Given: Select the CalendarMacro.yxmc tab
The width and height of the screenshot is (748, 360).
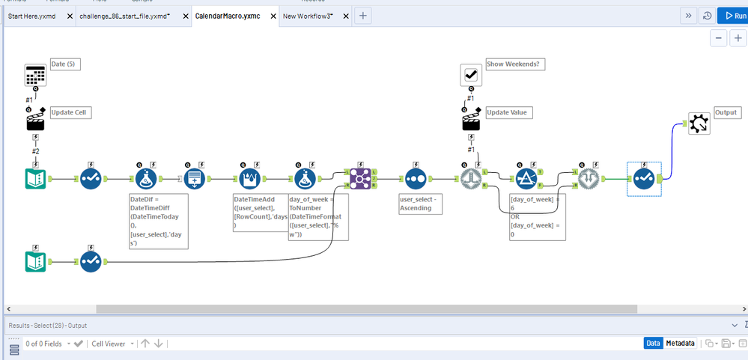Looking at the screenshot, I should [228, 16].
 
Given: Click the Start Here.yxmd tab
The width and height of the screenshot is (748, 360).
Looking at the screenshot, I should [31, 16].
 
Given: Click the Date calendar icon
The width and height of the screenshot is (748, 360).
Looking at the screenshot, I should [35, 76].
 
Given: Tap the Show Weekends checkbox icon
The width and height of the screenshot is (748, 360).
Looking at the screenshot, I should [471, 75].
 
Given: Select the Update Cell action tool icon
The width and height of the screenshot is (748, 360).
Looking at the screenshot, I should [35, 119].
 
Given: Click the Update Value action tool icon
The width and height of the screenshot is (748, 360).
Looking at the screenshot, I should [471, 119].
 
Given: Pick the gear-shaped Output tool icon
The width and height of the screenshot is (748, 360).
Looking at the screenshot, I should [699, 124].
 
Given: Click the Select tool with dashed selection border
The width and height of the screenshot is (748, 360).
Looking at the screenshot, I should [644, 179].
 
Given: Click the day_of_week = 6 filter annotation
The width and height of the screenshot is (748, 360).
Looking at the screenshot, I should [537, 216].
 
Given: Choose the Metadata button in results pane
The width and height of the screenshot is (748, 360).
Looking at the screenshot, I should [680, 343].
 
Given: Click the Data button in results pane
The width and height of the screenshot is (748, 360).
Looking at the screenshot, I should [653, 343].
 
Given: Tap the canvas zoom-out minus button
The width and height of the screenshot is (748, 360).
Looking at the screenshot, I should [718, 38].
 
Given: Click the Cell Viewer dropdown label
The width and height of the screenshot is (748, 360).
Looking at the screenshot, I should [110, 344].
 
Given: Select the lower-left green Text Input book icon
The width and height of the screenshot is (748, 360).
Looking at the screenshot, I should [35, 262].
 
